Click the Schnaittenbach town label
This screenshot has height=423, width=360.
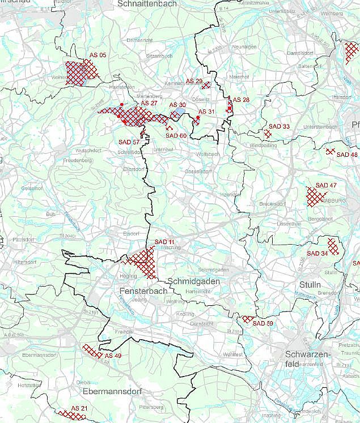pos(147,4)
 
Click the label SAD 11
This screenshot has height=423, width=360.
pos(164,242)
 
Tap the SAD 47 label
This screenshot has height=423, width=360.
pos(326,185)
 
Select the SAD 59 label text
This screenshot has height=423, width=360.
pos(263,323)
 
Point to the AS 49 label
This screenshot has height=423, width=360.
pos(113,356)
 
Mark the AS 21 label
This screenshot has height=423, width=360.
pos(79,408)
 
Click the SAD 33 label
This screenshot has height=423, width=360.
pos(279,126)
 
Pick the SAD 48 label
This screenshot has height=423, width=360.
pos(347,155)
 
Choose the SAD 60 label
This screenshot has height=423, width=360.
pos(176,135)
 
